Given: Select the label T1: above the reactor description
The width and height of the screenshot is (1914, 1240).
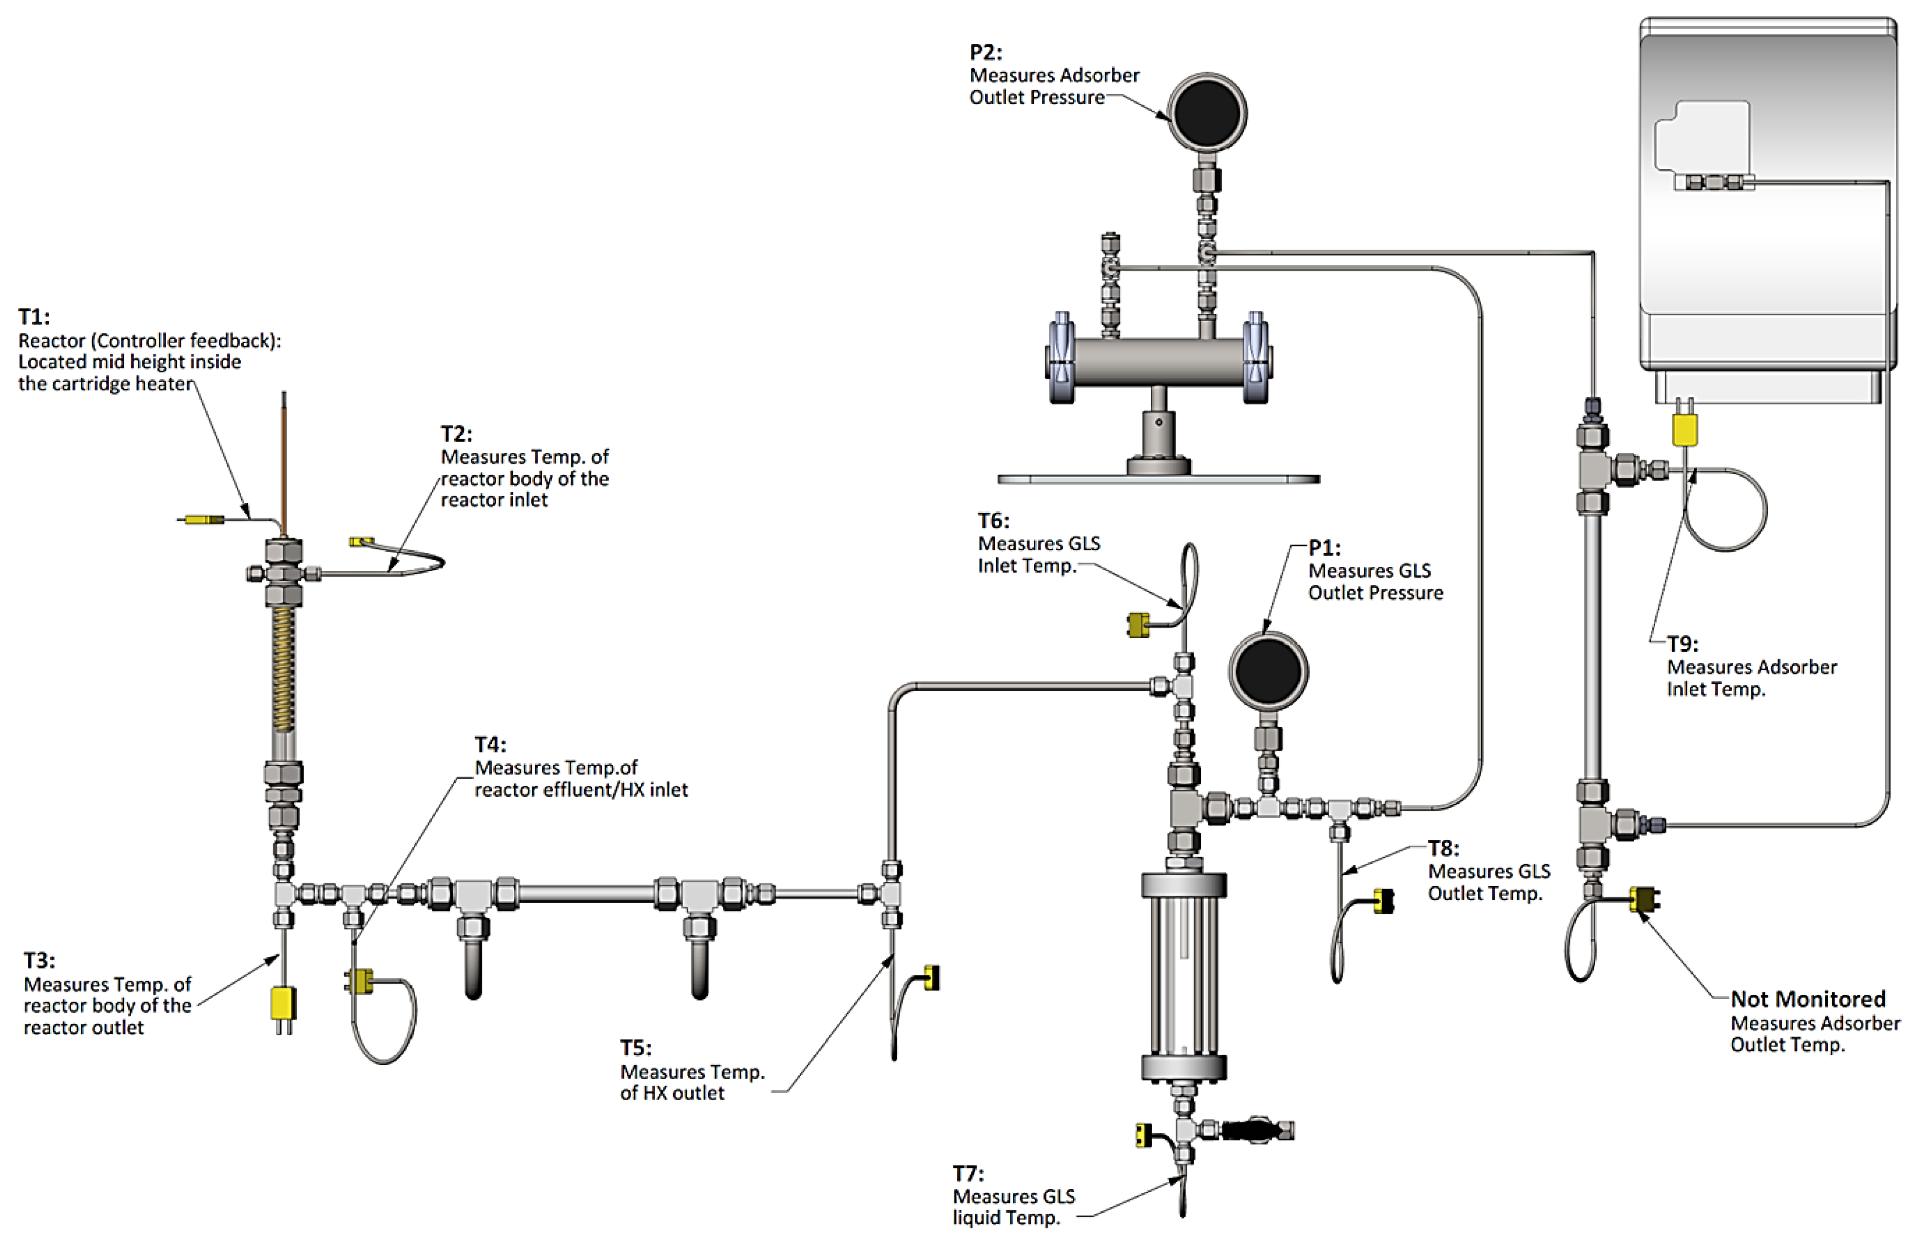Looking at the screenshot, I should [34, 317].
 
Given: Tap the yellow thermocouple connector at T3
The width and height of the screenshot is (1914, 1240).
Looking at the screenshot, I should [282, 1004].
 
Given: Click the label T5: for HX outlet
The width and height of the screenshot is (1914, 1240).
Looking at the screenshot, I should [636, 1048].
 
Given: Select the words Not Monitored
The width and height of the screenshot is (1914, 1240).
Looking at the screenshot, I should [1808, 999].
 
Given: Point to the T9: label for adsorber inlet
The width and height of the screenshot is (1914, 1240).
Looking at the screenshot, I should [1682, 644].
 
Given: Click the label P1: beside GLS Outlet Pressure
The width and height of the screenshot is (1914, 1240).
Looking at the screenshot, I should [1324, 548].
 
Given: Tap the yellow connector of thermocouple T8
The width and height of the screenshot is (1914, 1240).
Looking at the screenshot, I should [1383, 901].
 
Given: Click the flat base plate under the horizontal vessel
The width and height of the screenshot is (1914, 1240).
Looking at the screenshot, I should [1158, 479].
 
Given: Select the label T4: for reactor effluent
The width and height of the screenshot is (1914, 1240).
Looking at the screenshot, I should [490, 745].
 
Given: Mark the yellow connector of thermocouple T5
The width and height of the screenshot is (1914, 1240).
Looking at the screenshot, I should [931, 977].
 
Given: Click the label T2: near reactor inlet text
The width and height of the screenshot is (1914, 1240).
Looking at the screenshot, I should [456, 434].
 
